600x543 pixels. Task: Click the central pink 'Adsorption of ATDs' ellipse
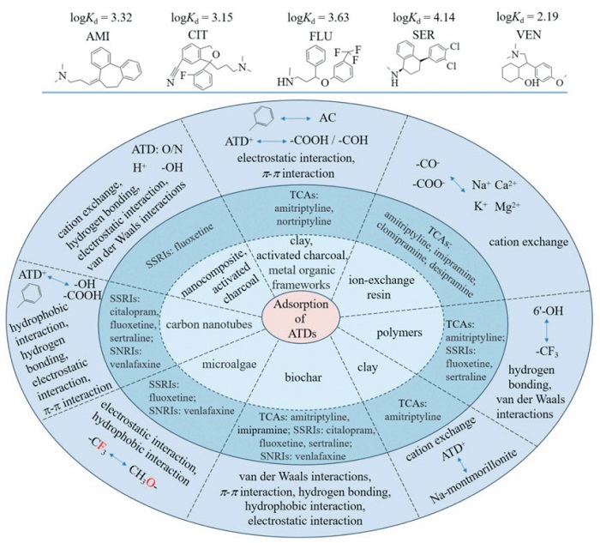(301, 318)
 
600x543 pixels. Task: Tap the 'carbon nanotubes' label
(209, 324)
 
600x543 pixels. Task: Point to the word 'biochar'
(303, 377)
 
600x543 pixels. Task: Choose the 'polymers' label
(399, 332)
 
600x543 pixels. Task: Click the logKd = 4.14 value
(424, 17)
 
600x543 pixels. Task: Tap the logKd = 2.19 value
(527, 17)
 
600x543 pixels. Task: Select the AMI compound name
(98, 36)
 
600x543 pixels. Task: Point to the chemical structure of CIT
(207, 67)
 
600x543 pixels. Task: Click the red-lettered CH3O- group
(143, 475)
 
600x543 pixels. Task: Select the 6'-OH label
(549, 311)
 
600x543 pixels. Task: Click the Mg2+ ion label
(507, 207)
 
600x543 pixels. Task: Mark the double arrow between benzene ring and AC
(296, 119)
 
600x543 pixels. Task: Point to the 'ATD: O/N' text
(157, 149)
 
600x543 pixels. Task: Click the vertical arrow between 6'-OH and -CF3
(547, 332)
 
